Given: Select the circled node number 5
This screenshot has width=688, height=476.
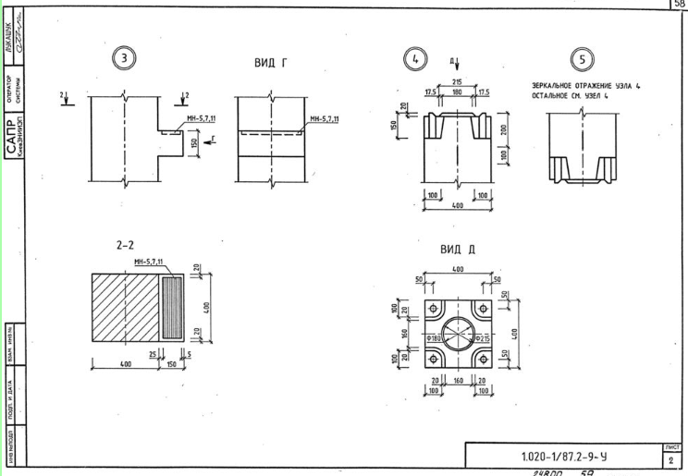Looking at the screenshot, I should [582, 59].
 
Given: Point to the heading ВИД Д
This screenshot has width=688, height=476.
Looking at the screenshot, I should [458, 249].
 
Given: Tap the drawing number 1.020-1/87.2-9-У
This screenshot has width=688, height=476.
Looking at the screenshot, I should [564, 457].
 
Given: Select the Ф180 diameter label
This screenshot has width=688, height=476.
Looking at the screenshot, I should [431, 340].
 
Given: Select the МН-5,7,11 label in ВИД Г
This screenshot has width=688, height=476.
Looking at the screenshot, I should [324, 119].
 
